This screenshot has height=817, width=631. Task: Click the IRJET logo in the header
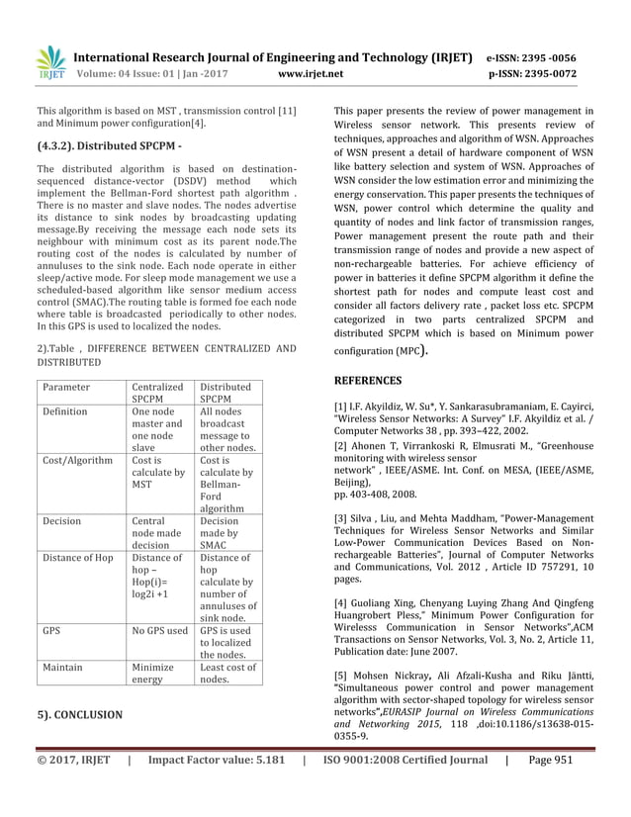click(x=50, y=63)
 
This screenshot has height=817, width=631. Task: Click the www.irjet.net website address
click(x=311, y=73)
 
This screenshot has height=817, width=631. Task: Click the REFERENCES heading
click(x=367, y=380)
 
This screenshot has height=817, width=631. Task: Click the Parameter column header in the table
click(x=66, y=387)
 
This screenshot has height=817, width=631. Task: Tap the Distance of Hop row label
click(x=78, y=558)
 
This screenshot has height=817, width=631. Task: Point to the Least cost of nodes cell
click(x=227, y=675)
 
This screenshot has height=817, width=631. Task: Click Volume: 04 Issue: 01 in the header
click(x=131, y=73)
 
